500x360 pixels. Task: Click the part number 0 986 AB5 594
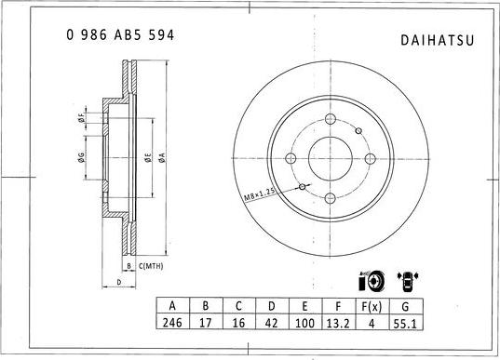118,34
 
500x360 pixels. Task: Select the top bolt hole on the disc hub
331,119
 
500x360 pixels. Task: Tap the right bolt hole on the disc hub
372,159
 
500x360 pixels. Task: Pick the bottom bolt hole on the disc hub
331,198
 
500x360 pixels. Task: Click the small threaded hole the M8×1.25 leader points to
304,187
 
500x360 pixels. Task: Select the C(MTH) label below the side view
152,266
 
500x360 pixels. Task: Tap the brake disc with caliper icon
369,281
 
